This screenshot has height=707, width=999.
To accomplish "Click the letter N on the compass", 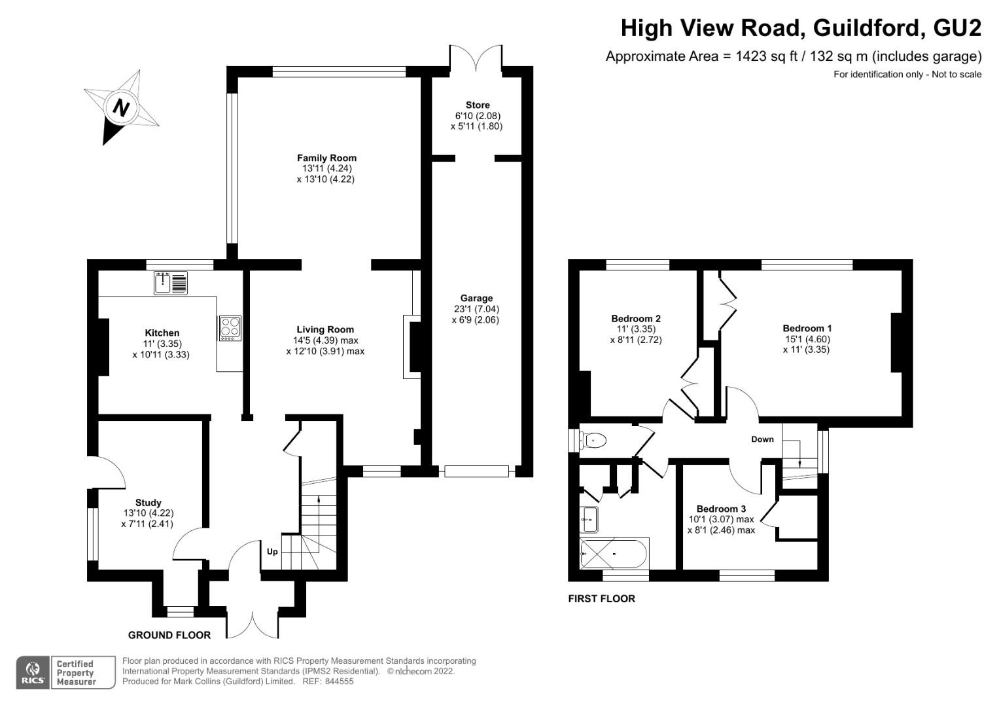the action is [x=121, y=108].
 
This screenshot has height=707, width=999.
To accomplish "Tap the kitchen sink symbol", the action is [x=171, y=283].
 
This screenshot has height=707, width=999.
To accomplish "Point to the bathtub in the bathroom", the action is [x=614, y=553].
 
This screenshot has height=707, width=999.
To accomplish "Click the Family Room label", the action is [x=326, y=158].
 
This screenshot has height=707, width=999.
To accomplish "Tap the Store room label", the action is [x=478, y=105].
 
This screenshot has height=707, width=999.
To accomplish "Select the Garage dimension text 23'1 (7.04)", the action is [x=476, y=309].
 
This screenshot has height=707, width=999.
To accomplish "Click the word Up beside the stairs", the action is [x=272, y=552].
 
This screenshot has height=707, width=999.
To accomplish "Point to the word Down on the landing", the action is [x=762, y=439].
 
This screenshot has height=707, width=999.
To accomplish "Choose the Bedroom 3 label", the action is [x=721, y=509].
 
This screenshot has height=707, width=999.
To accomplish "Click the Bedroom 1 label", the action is [x=807, y=329].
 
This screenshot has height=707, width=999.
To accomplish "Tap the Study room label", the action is [x=148, y=503].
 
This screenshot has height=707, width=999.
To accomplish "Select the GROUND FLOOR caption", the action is [x=169, y=635].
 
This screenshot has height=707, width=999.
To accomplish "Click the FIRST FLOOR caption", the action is [x=601, y=598].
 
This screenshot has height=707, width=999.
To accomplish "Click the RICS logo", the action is [x=33, y=672].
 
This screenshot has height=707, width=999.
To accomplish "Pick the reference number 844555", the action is [x=339, y=681].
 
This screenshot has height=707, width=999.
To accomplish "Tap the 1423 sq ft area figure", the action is [x=765, y=57].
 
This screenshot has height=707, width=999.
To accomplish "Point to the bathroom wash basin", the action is [x=589, y=520].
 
